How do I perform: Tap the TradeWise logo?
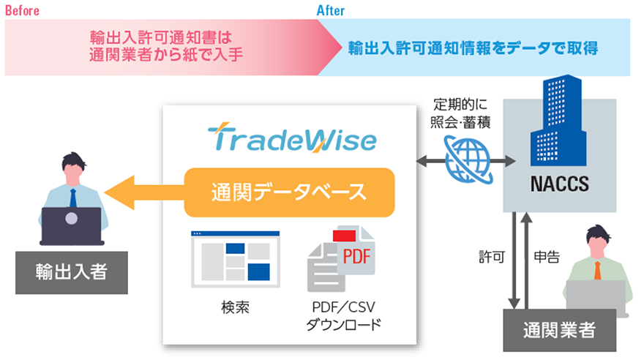coord(291,139)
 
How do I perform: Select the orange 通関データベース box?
coord(289,193)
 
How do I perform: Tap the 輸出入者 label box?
coord(71,273)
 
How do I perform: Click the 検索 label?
coord(234,307)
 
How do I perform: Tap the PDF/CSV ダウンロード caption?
coord(342,315)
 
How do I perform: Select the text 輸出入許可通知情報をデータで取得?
coord(473,49)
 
